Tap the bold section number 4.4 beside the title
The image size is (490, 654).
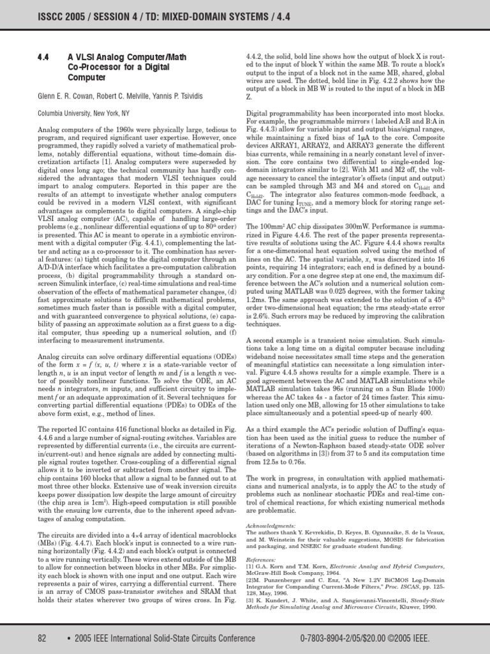43,56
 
